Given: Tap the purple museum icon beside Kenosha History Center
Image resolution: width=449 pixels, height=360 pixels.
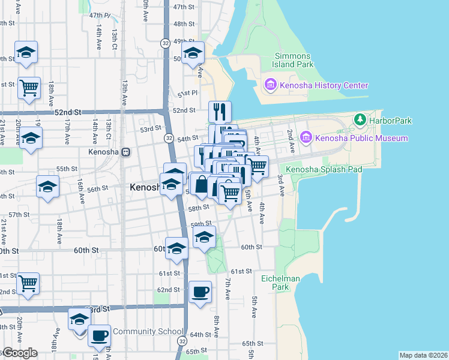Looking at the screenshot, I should [x=270, y=85].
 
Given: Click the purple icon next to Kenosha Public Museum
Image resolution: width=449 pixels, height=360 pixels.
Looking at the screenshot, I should [x=307, y=138].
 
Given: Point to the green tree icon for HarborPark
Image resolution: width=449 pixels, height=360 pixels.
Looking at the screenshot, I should [x=360, y=120].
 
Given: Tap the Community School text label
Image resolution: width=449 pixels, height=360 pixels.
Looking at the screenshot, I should [x=148, y=331].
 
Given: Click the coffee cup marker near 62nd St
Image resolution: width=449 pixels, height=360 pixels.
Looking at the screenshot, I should [x=200, y=292].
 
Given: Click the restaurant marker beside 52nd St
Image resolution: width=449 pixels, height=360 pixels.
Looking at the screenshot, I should [x=220, y=112].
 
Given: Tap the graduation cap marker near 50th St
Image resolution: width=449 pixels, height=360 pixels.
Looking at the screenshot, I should [x=193, y=54].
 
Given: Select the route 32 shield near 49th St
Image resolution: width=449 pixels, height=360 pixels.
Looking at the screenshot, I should [x=165, y=43].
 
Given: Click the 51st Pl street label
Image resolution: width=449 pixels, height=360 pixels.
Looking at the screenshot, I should [x=187, y=93].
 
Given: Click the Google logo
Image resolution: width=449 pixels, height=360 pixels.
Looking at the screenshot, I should [x=19, y=353].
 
